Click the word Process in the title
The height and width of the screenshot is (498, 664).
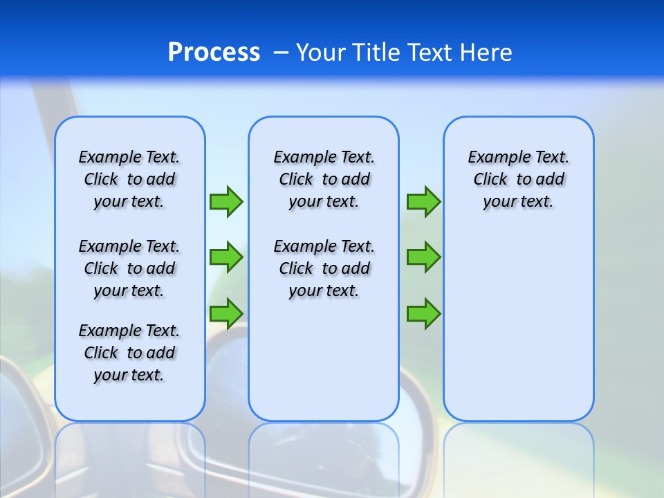214,53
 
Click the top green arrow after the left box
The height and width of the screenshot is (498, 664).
226,202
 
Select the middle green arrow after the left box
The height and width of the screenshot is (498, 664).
226,257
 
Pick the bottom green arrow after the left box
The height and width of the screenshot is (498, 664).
226,313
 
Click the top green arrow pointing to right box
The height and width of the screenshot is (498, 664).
423,202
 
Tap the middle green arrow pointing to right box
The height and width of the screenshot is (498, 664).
423,257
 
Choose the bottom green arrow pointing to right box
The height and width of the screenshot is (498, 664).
423,314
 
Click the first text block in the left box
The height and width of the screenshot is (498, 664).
129,179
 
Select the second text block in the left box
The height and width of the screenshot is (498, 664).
129,268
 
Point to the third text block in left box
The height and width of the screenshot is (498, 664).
129,353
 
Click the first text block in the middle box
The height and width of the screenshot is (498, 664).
324,179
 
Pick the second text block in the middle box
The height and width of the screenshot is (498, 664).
324,268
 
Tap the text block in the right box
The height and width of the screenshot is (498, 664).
518,179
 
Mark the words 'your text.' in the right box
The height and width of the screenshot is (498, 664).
518,201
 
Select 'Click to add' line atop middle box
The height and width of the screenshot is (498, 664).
324,179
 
